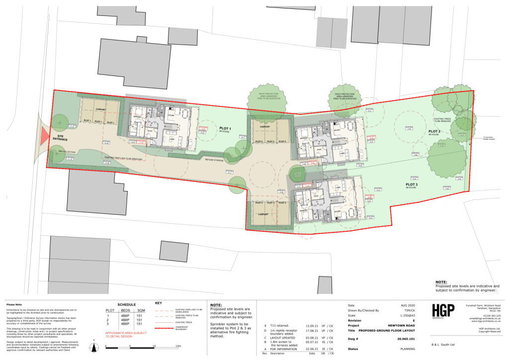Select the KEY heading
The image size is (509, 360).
coord(159,303)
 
